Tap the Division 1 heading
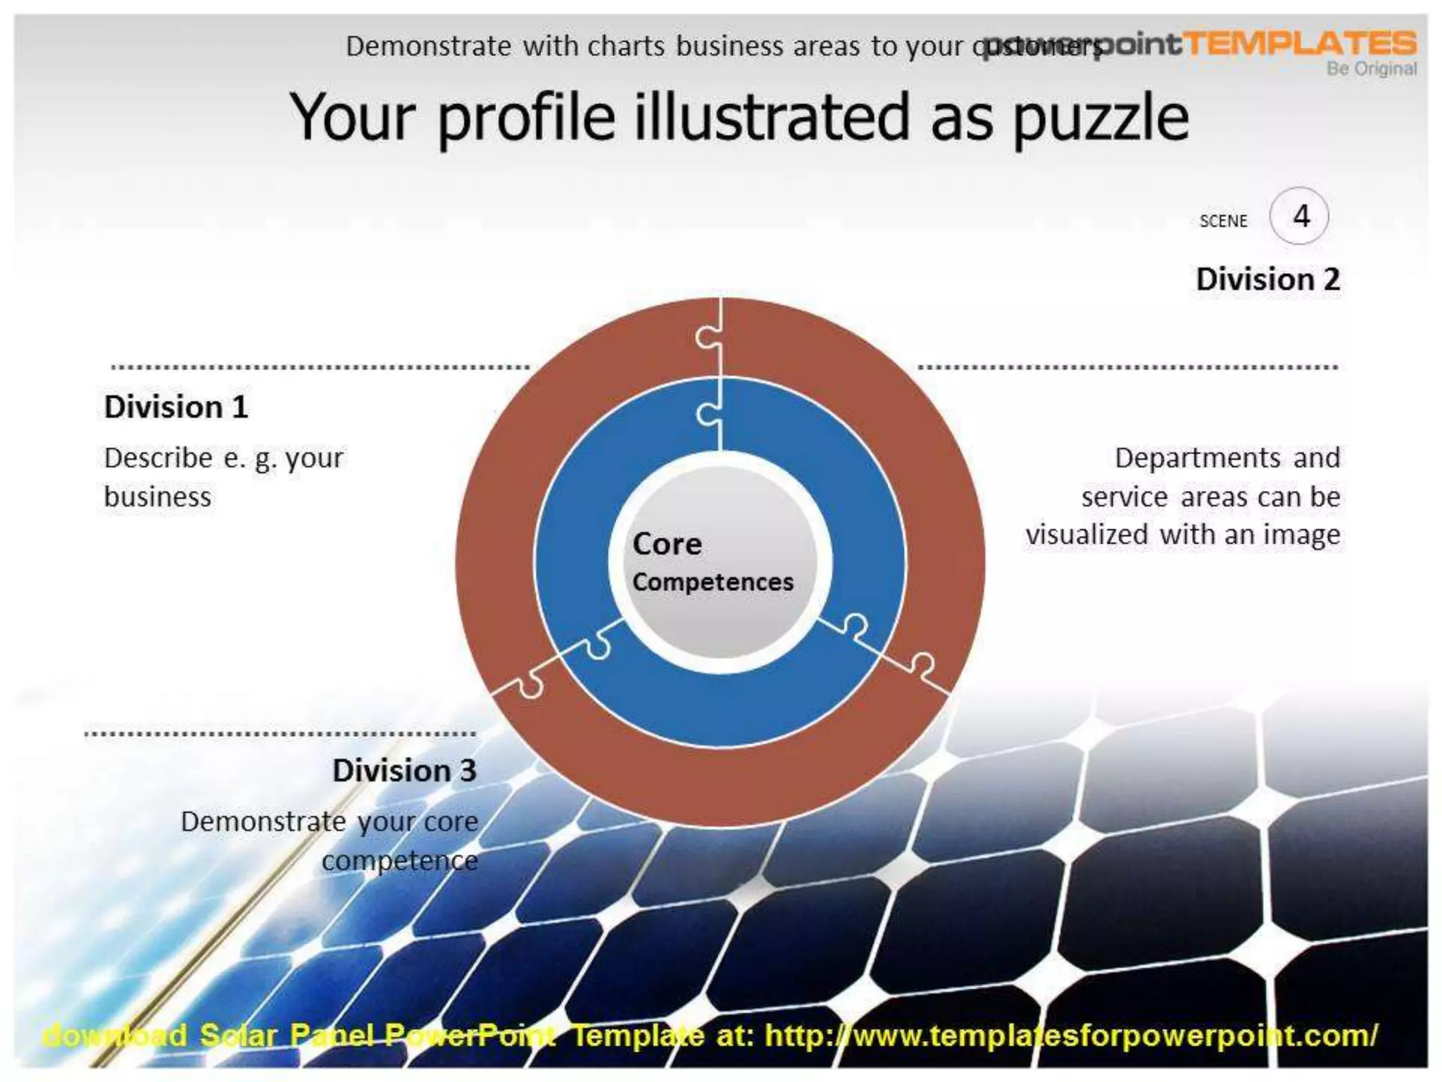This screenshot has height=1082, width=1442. (x=176, y=407)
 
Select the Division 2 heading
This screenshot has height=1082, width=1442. (x=1267, y=280)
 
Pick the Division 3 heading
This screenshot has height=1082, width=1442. (x=404, y=771)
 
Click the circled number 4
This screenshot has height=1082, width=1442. (x=1300, y=216)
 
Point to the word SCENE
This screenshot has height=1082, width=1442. (x=1223, y=221)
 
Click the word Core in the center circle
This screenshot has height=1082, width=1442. (x=667, y=544)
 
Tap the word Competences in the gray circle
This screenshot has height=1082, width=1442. (x=713, y=583)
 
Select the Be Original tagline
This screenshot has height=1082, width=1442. (x=1371, y=69)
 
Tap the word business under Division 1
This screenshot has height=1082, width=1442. (x=158, y=497)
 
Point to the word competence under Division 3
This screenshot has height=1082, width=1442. (x=400, y=861)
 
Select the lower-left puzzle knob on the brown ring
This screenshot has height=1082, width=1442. (x=530, y=684)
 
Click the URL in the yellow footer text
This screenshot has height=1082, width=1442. (x=1070, y=1036)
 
